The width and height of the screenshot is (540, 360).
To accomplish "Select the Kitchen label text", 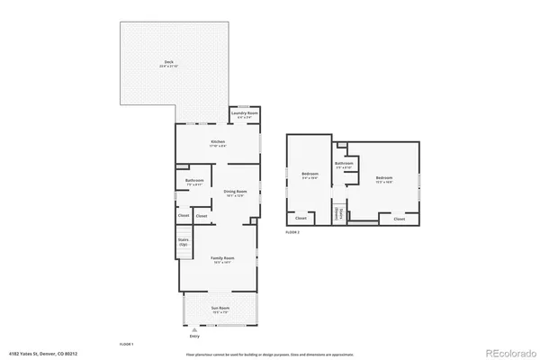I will pos(217,142).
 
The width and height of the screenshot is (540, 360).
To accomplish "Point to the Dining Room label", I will pos(236,192).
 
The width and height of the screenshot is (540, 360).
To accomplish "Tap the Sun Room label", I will pos(220,309).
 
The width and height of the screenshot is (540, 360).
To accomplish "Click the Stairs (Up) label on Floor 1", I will pos(183,242).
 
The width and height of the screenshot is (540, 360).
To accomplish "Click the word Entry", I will pos(193,337).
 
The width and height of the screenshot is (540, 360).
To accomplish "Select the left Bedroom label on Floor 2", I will pos(310,175).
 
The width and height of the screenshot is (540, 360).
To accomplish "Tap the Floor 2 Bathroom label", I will pos(344,165).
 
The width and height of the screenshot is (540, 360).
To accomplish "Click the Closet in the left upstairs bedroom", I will pos(301,218).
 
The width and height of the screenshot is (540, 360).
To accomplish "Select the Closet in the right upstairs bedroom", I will pos(399,218).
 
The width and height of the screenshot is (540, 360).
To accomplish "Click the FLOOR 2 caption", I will pos(292,232).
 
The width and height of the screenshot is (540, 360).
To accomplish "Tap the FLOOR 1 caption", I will pos(126,345).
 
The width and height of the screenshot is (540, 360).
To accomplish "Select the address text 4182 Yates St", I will pos(41,354).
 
